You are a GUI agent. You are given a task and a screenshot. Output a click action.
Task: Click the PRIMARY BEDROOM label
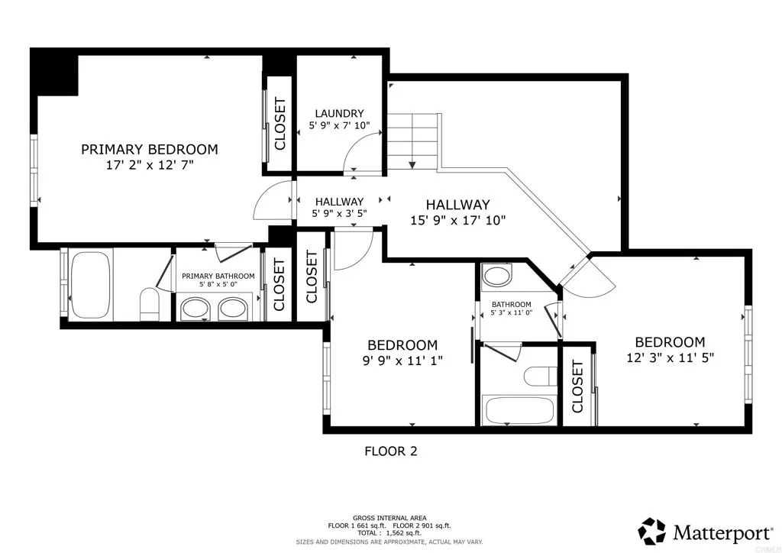pos(150,149)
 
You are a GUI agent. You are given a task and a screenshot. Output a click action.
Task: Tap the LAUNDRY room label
pos(339,114)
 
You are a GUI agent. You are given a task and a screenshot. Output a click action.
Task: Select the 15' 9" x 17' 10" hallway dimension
pos(458,220)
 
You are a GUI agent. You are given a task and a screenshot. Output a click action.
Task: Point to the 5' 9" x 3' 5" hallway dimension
pos(339,213)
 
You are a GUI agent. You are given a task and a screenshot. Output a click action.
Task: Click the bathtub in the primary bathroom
pos(90,284)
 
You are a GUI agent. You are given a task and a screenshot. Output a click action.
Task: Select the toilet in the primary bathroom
pos(150,303)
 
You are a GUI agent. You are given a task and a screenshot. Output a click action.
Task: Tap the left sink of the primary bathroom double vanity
pos(194,308)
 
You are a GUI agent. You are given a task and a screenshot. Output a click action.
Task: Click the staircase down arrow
pos(412,164)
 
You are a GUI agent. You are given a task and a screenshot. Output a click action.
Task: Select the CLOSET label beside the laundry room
pos(280,124)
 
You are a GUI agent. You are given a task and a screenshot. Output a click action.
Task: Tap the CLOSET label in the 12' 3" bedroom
pos(577,386)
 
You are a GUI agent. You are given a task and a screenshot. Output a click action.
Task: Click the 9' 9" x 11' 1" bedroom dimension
pos(402,361)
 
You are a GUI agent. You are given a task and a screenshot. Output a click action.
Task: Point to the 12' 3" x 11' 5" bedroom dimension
pos(671,357)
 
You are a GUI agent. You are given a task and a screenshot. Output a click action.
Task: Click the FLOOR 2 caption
pos(391,451)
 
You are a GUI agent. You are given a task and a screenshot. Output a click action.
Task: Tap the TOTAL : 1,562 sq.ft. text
pos(389,533)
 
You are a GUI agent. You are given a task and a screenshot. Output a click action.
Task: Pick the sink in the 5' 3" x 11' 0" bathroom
pos(496,275)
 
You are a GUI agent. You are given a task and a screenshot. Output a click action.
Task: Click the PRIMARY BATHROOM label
pos(218,276)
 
